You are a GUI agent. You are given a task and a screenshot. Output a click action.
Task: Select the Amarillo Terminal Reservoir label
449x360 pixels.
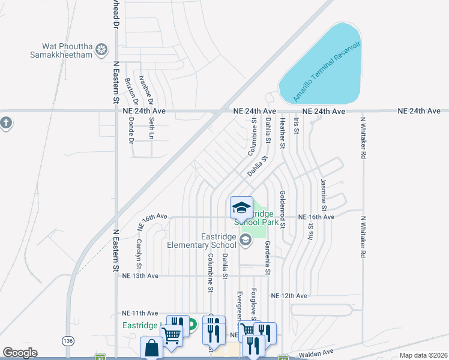[326, 71]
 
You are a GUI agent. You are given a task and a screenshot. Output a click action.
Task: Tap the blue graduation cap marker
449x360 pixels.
[241, 208]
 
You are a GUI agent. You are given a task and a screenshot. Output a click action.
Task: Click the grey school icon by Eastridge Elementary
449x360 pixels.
[245, 241]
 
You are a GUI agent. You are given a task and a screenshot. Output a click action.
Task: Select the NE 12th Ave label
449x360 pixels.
[289, 296]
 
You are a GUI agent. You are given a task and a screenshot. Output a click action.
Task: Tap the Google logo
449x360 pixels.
[20, 353]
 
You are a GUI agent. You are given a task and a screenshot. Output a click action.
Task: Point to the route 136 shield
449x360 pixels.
[68, 341]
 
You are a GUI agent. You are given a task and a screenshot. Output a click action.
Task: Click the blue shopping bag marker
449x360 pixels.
[151, 347]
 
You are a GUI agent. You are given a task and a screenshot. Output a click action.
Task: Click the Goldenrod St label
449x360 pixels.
[282, 209]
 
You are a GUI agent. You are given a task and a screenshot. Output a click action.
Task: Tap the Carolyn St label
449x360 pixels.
[139, 253]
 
